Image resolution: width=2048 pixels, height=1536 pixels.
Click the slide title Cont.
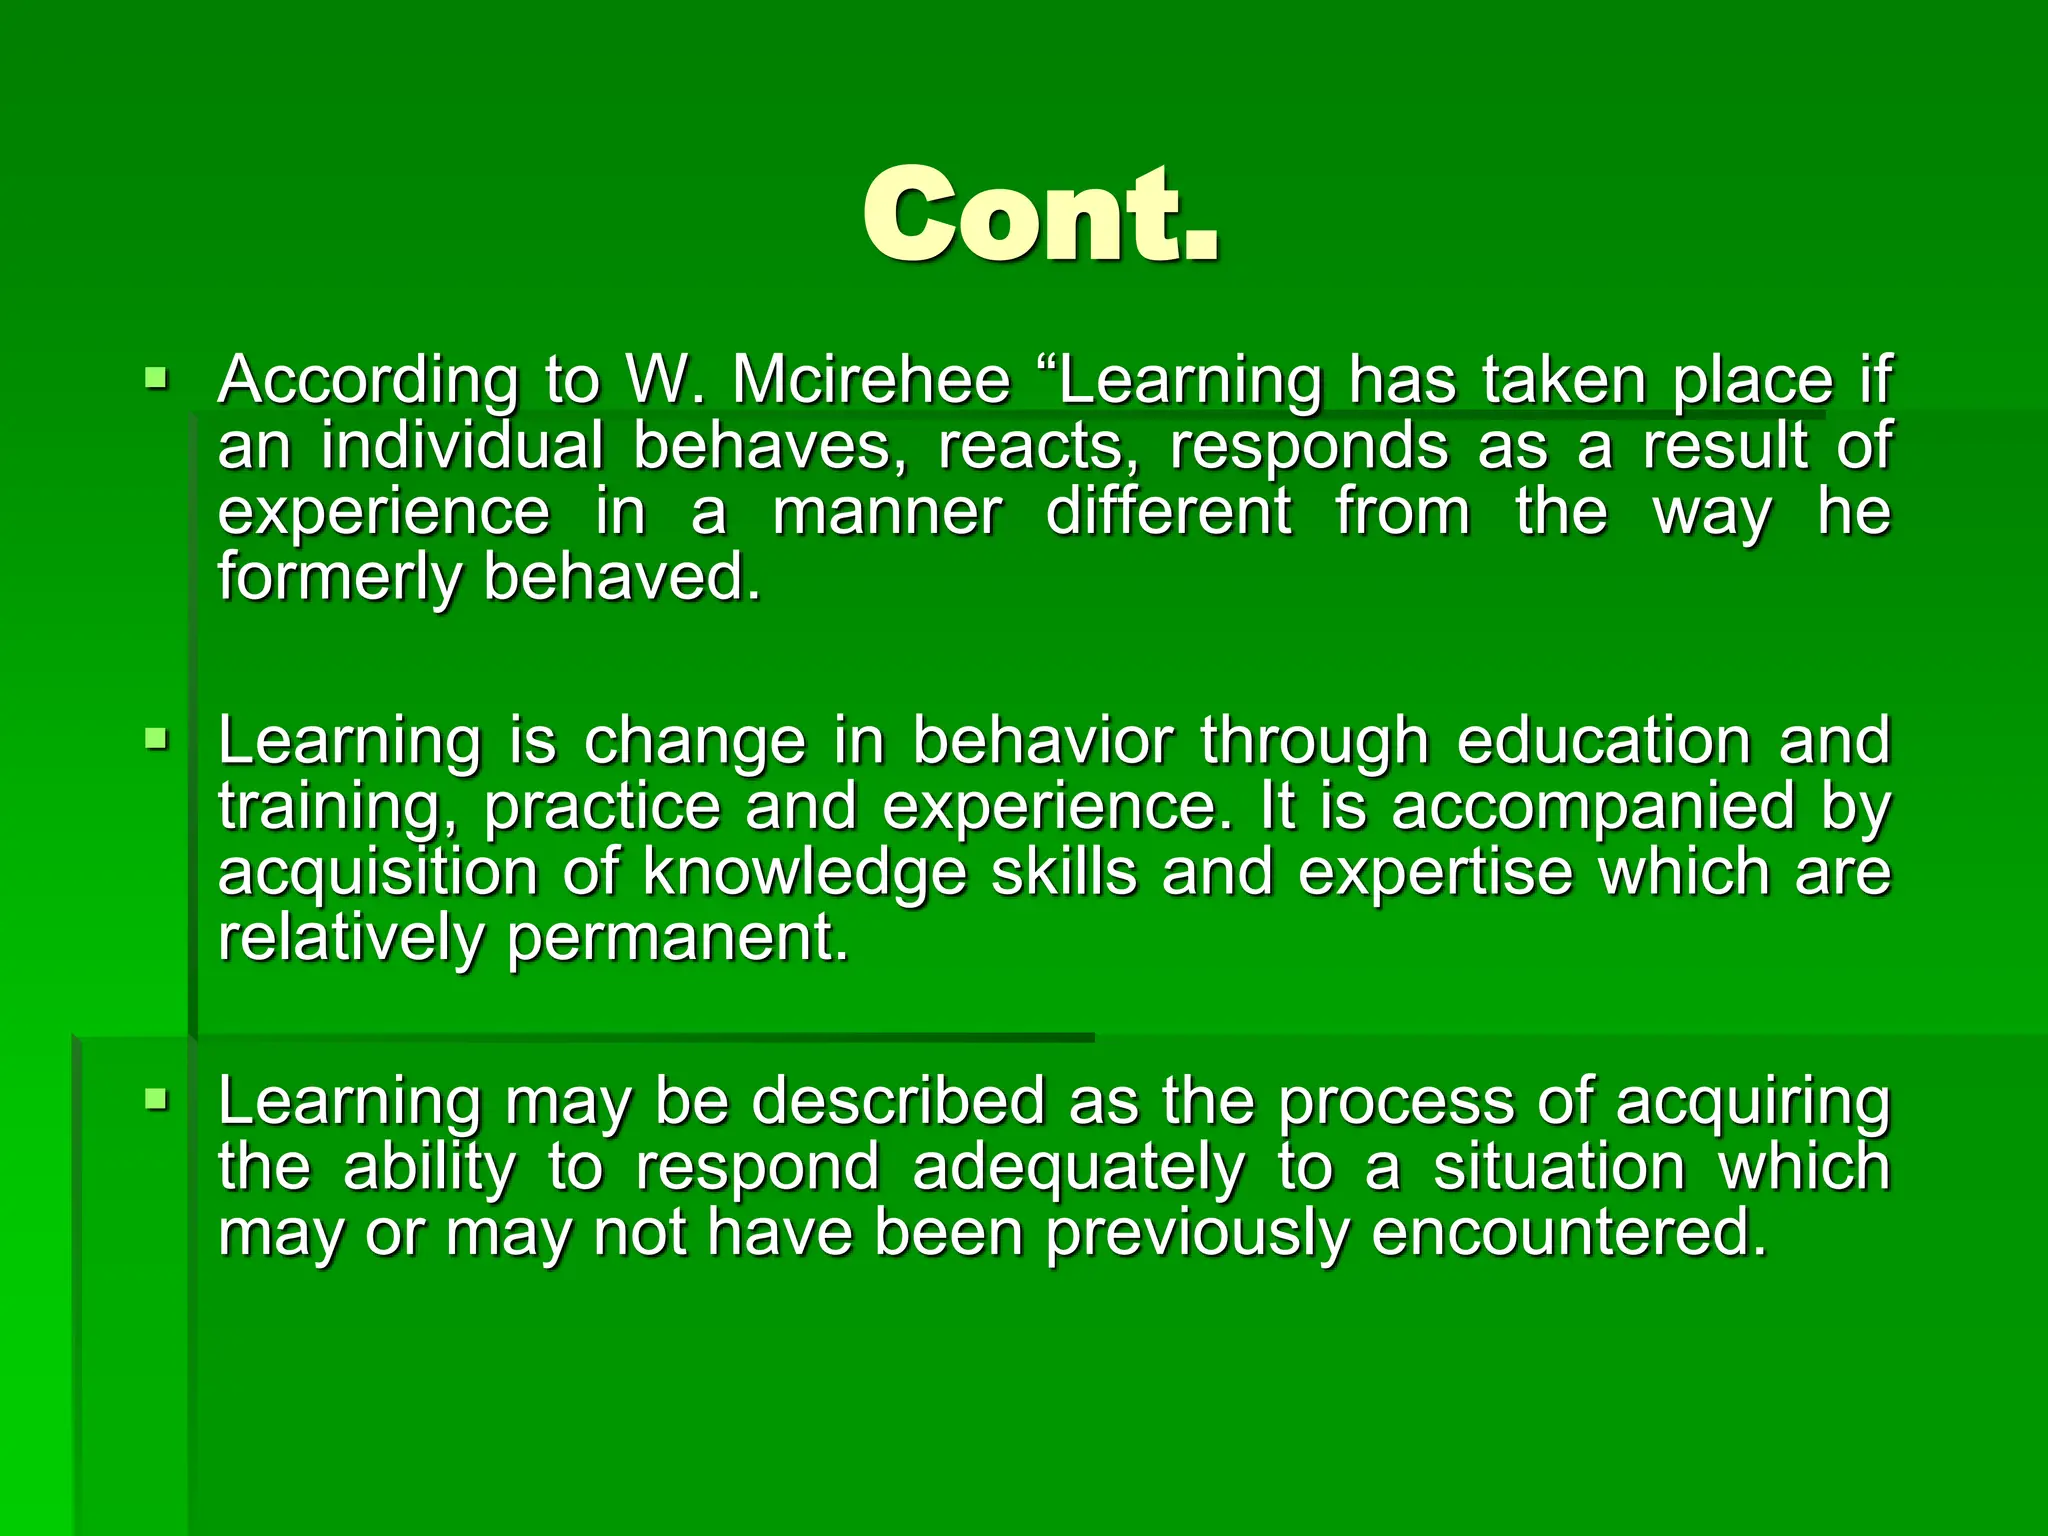tap(1040, 216)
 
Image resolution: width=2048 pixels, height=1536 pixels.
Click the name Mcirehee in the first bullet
tap(871, 381)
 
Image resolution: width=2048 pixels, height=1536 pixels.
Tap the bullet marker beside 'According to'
tap(156, 379)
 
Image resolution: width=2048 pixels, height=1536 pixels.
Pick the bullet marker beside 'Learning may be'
tap(156, 1100)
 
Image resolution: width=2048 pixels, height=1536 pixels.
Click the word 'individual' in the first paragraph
tap(462, 446)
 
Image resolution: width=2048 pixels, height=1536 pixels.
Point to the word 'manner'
tap(886, 512)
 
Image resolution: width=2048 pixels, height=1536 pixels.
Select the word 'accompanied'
tap(1594, 806)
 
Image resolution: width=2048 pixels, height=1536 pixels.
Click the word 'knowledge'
tap(804, 872)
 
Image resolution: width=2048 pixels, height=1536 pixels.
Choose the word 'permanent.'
tap(678, 938)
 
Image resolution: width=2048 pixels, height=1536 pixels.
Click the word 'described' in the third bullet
tap(897, 1101)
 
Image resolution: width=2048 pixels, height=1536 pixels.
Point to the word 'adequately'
tap(1079, 1167)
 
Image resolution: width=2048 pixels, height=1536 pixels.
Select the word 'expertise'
tap(1435, 872)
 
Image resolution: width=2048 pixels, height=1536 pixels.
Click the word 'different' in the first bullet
tap(1168, 512)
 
